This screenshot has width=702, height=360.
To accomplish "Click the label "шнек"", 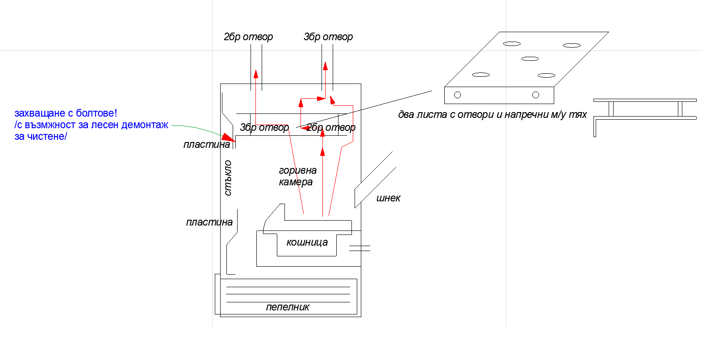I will [x=388, y=198].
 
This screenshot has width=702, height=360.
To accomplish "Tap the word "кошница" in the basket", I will [x=307, y=242].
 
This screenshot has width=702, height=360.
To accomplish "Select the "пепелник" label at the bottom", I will [x=288, y=307].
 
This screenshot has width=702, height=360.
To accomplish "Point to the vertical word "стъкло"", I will [x=228, y=178].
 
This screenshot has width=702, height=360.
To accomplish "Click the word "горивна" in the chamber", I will [x=297, y=170].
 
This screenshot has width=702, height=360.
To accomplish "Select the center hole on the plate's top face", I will [x=530, y=59].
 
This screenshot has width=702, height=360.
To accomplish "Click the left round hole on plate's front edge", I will [x=457, y=95].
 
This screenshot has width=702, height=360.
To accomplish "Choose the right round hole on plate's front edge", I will [x=535, y=95].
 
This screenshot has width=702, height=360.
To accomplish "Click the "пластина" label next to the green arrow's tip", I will [x=206, y=144].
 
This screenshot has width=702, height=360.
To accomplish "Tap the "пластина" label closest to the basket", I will [x=209, y=222].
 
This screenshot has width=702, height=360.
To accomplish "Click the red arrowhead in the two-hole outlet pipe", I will [x=256, y=73].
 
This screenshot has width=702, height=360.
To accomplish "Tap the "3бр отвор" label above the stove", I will [x=328, y=37].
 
